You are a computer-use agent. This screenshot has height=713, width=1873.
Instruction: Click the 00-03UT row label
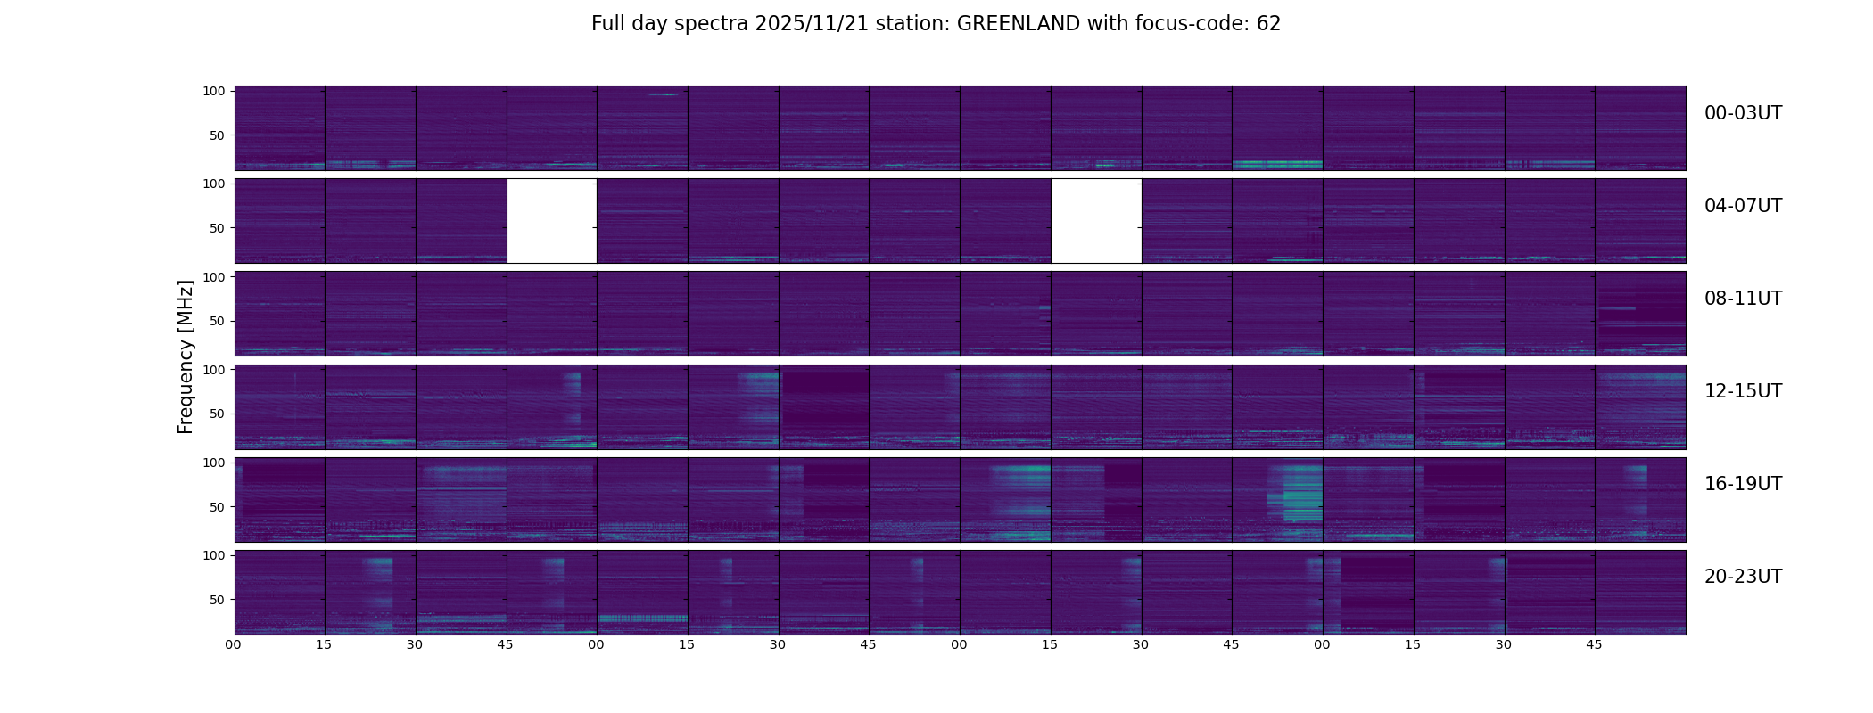[x=1743, y=113]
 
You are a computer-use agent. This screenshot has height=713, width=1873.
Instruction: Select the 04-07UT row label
[x=1743, y=206]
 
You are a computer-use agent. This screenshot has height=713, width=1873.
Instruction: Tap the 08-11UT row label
[x=1743, y=299]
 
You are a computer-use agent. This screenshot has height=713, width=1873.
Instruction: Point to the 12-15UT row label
[x=1743, y=391]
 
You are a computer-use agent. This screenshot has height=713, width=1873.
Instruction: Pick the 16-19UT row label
[x=1743, y=484]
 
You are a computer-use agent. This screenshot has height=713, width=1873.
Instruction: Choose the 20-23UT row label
[x=1743, y=577]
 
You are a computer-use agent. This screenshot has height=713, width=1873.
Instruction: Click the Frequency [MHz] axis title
[x=186, y=356]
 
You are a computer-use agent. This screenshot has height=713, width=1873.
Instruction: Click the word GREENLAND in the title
[x=1018, y=24]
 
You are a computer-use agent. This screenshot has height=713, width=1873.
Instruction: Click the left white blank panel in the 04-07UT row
[x=551, y=221]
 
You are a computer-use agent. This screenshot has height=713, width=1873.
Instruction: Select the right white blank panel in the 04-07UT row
[x=1096, y=221]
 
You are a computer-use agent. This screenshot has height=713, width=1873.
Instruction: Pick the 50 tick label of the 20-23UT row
[x=217, y=600]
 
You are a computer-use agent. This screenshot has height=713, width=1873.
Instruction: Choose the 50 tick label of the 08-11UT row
[x=217, y=321]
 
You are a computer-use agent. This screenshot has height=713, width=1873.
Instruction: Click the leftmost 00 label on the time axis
[x=234, y=644]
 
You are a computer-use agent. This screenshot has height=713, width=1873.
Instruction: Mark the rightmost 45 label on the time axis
[x=1594, y=644]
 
